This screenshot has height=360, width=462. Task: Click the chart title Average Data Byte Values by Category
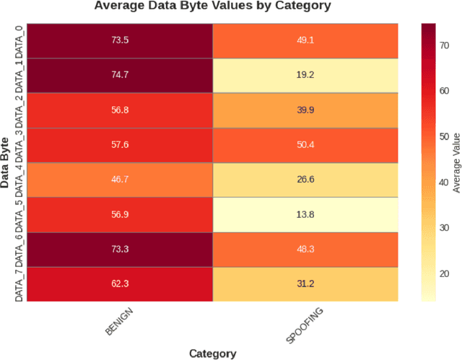213,6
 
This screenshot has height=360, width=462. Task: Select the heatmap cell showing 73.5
121,40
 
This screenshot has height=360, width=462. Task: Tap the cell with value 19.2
305,75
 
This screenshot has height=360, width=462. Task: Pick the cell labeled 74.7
121,75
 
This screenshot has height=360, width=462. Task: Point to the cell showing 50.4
305,144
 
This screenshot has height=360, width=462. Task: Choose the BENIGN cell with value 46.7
121,180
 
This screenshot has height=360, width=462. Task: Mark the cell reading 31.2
305,284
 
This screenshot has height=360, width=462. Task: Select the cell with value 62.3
121,284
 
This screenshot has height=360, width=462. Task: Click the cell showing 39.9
305,110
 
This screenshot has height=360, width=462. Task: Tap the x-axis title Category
213,353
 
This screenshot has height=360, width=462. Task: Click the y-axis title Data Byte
6,162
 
